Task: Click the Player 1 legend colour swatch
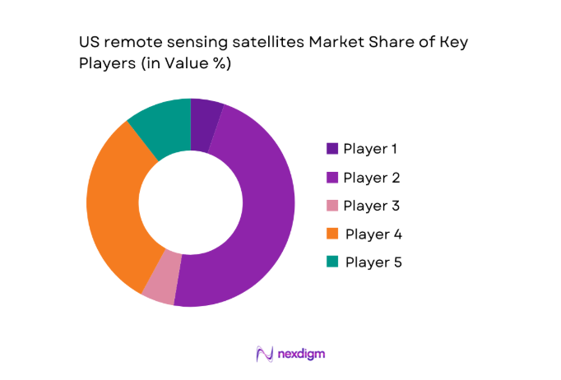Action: pos(332,149)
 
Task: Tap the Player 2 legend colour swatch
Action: pos(332,177)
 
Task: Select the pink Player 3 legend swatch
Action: pos(332,206)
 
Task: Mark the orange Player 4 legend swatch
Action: pos(332,234)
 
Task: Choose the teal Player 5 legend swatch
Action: pos(332,262)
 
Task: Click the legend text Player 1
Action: pos(370,149)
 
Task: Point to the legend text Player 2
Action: pos(372,177)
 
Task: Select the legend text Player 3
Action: pos(372,206)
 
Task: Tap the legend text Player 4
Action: pos(373,234)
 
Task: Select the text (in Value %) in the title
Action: pos(182,64)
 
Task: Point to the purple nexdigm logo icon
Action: pos(264,354)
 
